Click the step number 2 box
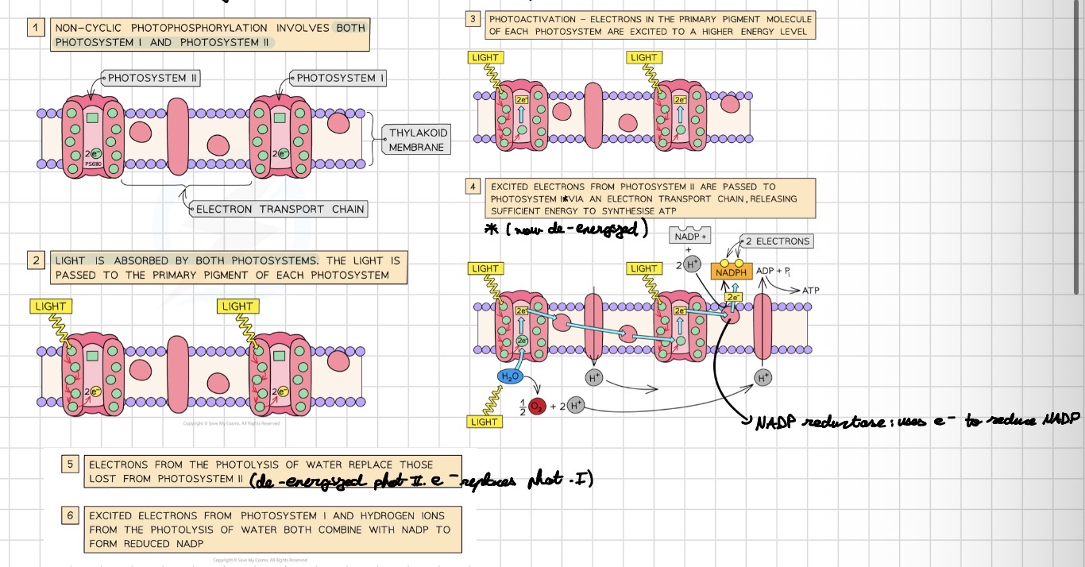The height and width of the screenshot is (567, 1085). [36, 260]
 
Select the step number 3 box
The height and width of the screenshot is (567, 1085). [473, 19]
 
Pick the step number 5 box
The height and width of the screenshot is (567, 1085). [70, 465]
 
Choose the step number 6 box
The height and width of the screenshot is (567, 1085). [70, 515]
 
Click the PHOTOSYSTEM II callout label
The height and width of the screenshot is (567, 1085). [152, 78]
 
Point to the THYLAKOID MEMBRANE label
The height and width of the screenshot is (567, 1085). [416, 140]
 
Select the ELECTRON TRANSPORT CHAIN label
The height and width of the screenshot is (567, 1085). [280, 209]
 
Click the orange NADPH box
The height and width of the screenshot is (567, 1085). [732, 272]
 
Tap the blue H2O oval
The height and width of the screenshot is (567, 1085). [509, 376]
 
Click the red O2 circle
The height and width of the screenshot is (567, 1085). [534, 406]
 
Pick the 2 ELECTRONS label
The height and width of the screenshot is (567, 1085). [778, 241]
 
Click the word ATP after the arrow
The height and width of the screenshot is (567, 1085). [810, 291]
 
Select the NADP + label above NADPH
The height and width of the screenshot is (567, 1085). [691, 237]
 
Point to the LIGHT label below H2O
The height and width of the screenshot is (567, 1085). [485, 422]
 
